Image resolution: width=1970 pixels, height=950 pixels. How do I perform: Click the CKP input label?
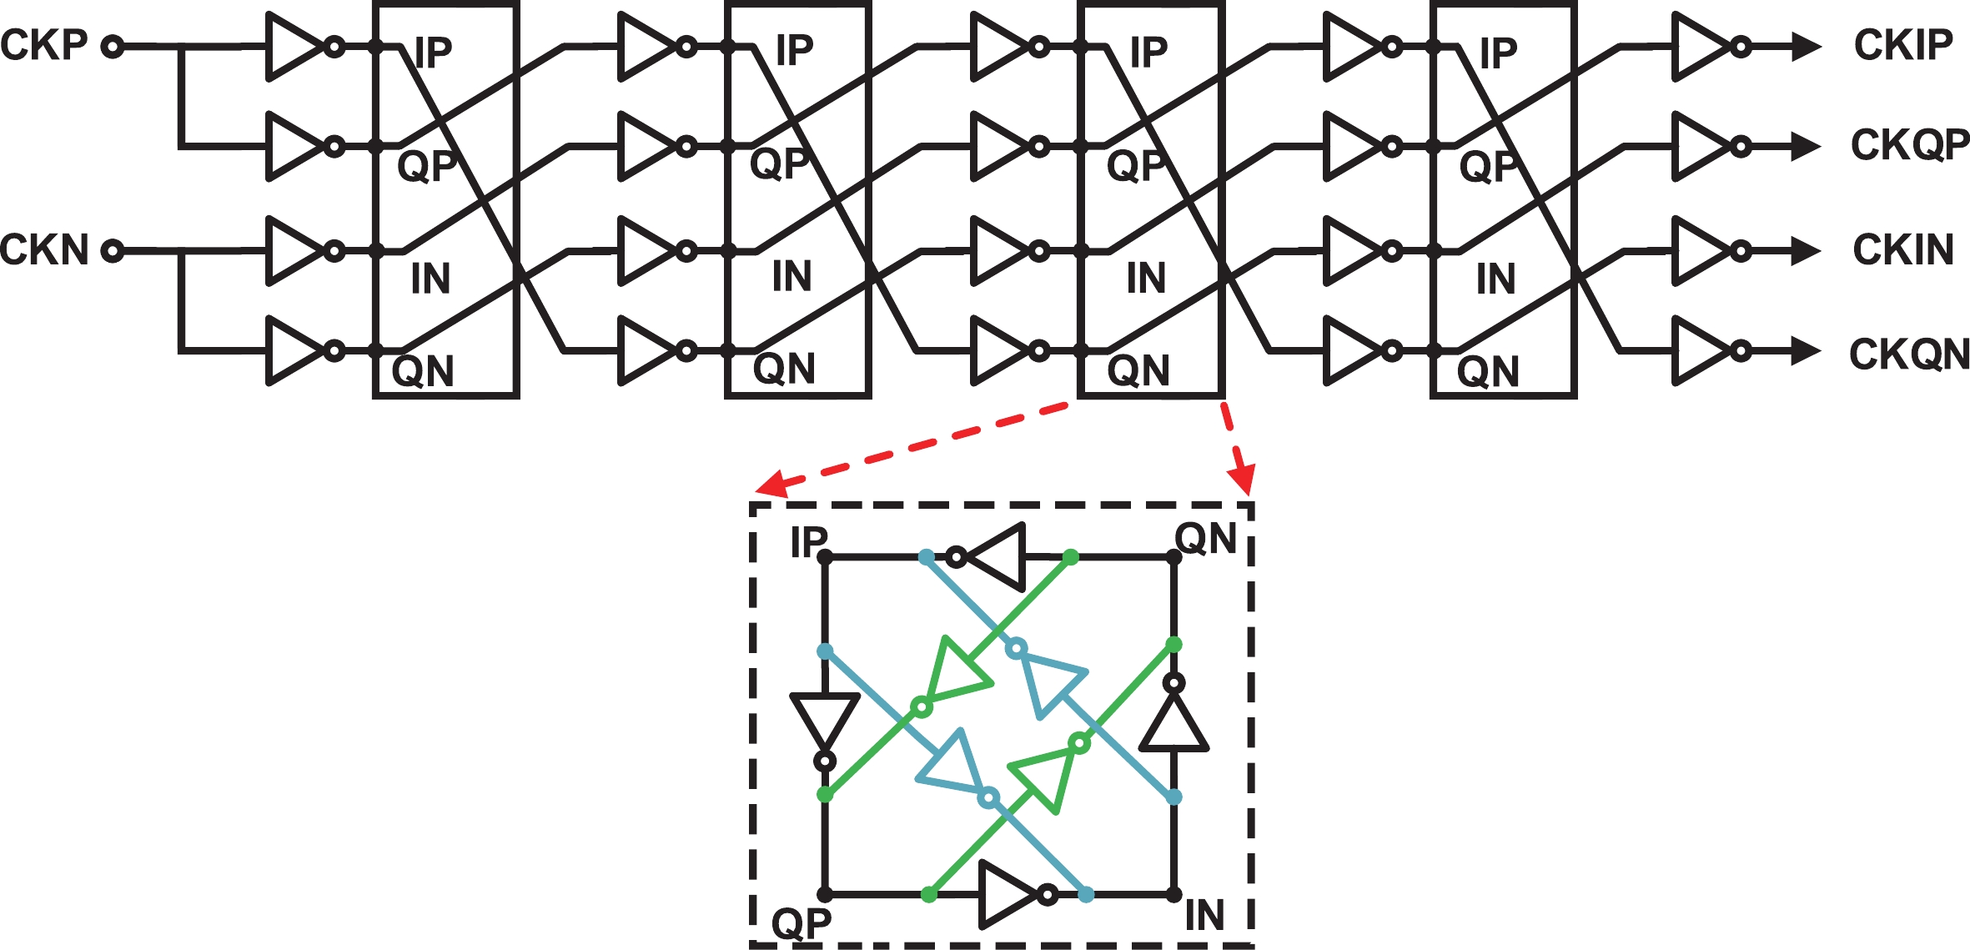pos(44,45)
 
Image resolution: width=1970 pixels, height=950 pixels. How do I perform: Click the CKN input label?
pos(44,249)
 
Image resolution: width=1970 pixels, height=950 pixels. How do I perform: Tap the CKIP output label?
pos(1903,45)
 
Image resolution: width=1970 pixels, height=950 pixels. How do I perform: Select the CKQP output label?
pos(1910,145)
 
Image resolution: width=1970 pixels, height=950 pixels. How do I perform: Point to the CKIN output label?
pos(1903,249)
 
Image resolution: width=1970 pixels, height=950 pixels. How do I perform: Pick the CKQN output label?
pos(1909,354)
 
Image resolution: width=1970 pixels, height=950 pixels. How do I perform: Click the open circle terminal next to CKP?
pos(113,47)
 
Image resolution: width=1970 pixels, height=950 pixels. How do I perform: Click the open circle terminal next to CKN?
pos(113,250)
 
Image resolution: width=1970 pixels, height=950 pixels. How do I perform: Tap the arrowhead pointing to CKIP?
pos(1805,47)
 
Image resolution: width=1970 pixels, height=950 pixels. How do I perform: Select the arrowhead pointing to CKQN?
pos(1805,351)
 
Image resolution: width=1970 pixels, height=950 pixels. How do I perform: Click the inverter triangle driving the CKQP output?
pos(1701,147)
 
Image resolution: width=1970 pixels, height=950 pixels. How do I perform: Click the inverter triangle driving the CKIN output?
pos(1701,250)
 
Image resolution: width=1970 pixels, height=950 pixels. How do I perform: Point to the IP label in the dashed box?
pos(808,542)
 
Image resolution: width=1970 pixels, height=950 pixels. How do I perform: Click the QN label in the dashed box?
pos(1205,539)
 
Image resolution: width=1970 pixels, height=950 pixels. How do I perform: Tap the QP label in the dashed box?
pos(802,922)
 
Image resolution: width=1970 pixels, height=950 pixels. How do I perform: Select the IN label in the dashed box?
pos(1204,916)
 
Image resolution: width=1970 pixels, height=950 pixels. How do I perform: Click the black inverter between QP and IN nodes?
pos(1010,895)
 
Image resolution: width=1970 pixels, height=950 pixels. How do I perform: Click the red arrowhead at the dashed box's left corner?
pos(770,485)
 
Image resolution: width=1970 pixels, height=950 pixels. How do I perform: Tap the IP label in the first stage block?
pos(433,53)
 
